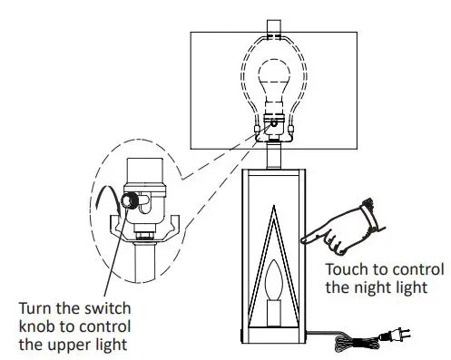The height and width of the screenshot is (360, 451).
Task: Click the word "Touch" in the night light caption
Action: click(x=346, y=269)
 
